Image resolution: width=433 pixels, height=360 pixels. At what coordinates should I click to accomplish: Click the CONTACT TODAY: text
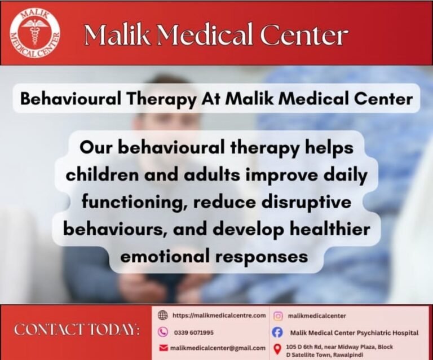pos(77,330)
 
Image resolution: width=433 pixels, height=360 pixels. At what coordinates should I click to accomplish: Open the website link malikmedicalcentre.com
pos(219,315)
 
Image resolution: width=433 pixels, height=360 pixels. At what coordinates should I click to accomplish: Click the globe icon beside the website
pos(164,315)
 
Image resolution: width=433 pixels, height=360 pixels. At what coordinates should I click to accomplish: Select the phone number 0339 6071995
pos(193,332)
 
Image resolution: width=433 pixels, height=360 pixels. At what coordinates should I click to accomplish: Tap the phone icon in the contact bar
pos(164,332)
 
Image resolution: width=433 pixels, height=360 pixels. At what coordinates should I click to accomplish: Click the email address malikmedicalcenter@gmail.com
pos(218,348)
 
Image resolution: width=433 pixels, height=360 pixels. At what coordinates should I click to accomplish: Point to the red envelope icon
pos(164,348)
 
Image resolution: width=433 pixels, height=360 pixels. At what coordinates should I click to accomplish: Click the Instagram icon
pos(277,316)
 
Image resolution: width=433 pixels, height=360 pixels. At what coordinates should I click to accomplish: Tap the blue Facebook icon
pos(277,333)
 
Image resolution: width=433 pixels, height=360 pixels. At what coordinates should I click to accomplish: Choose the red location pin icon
pos(277,350)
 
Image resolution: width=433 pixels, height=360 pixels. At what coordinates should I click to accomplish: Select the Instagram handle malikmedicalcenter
pos(317,316)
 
